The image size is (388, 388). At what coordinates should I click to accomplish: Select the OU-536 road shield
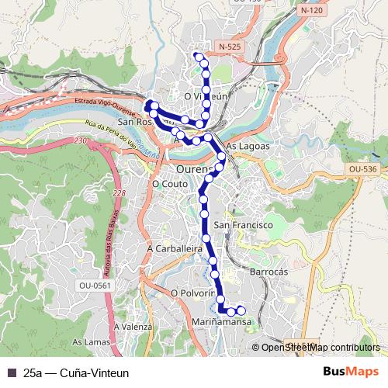tap(362, 168)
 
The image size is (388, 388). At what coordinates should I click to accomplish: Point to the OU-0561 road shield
tap(95, 286)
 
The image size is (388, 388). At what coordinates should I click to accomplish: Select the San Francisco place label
tap(242, 224)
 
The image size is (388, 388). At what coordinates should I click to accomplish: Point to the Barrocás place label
tap(269, 272)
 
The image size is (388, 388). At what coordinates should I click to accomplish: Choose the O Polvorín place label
tap(192, 293)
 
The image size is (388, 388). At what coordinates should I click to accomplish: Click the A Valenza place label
tap(132, 327)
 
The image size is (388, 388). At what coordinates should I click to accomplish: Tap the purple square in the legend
tap(11, 372)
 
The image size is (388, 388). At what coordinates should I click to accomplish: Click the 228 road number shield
tap(118, 193)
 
